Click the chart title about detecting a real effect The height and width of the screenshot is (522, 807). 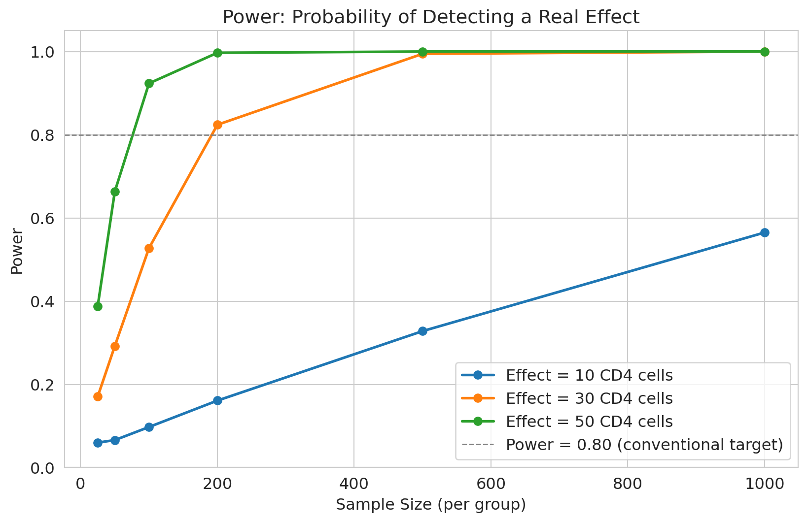431,17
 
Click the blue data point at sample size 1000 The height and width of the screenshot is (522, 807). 765,232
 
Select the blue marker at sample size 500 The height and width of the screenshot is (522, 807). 422,331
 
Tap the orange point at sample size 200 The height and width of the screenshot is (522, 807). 217,125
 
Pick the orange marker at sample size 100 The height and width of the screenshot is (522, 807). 149,248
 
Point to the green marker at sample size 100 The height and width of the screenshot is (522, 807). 149,83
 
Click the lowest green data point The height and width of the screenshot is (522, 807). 98,306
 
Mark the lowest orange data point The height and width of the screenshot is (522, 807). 98,396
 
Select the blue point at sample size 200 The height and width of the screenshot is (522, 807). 217,400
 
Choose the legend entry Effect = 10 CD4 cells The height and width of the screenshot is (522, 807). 589,376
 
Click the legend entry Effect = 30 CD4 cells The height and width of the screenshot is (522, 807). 589,398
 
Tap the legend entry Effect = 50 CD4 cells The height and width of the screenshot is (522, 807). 589,422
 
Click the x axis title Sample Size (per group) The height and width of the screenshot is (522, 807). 431,505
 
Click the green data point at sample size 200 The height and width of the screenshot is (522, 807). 217,53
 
